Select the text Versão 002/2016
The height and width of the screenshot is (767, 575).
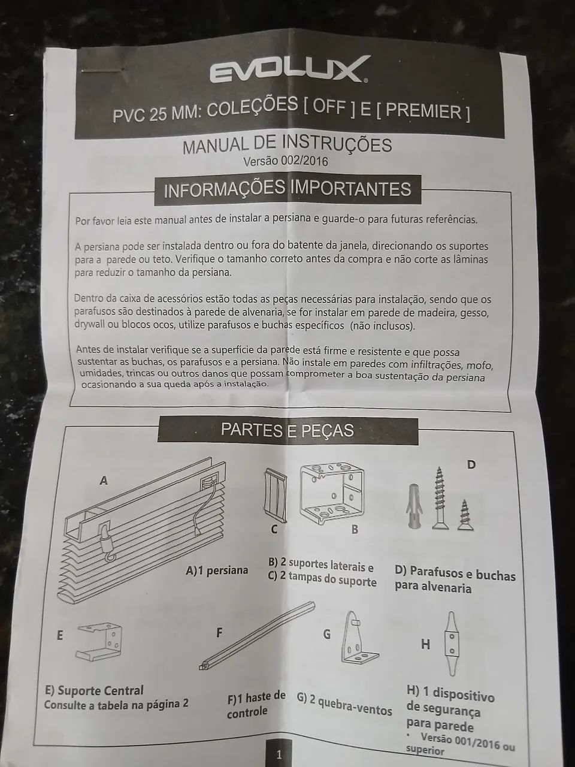click(286, 161)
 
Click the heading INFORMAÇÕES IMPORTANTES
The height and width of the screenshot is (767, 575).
click(287, 189)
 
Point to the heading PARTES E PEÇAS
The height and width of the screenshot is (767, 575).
click(287, 430)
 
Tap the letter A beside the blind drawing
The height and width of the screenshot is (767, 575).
click(104, 481)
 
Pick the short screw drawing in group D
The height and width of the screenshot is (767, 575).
click(465, 515)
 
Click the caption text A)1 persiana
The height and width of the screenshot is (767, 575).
click(217, 570)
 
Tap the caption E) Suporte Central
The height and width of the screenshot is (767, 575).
click(94, 690)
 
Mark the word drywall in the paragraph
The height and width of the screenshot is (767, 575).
click(90, 324)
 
